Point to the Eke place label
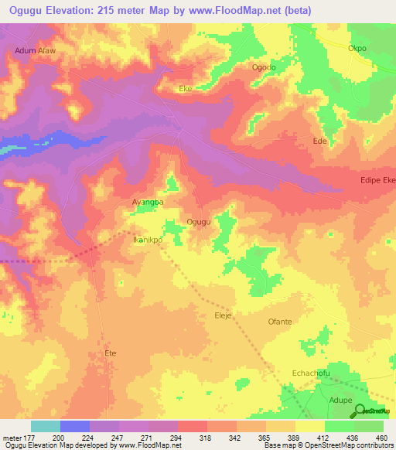tap(186, 89)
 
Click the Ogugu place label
tap(199, 222)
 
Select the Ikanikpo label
tap(147, 240)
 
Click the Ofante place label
tap(279, 322)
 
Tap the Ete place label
tap(110, 353)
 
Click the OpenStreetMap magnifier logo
tap(360, 410)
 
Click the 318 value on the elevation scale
tap(206, 437)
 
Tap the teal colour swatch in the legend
tap(45, 426)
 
